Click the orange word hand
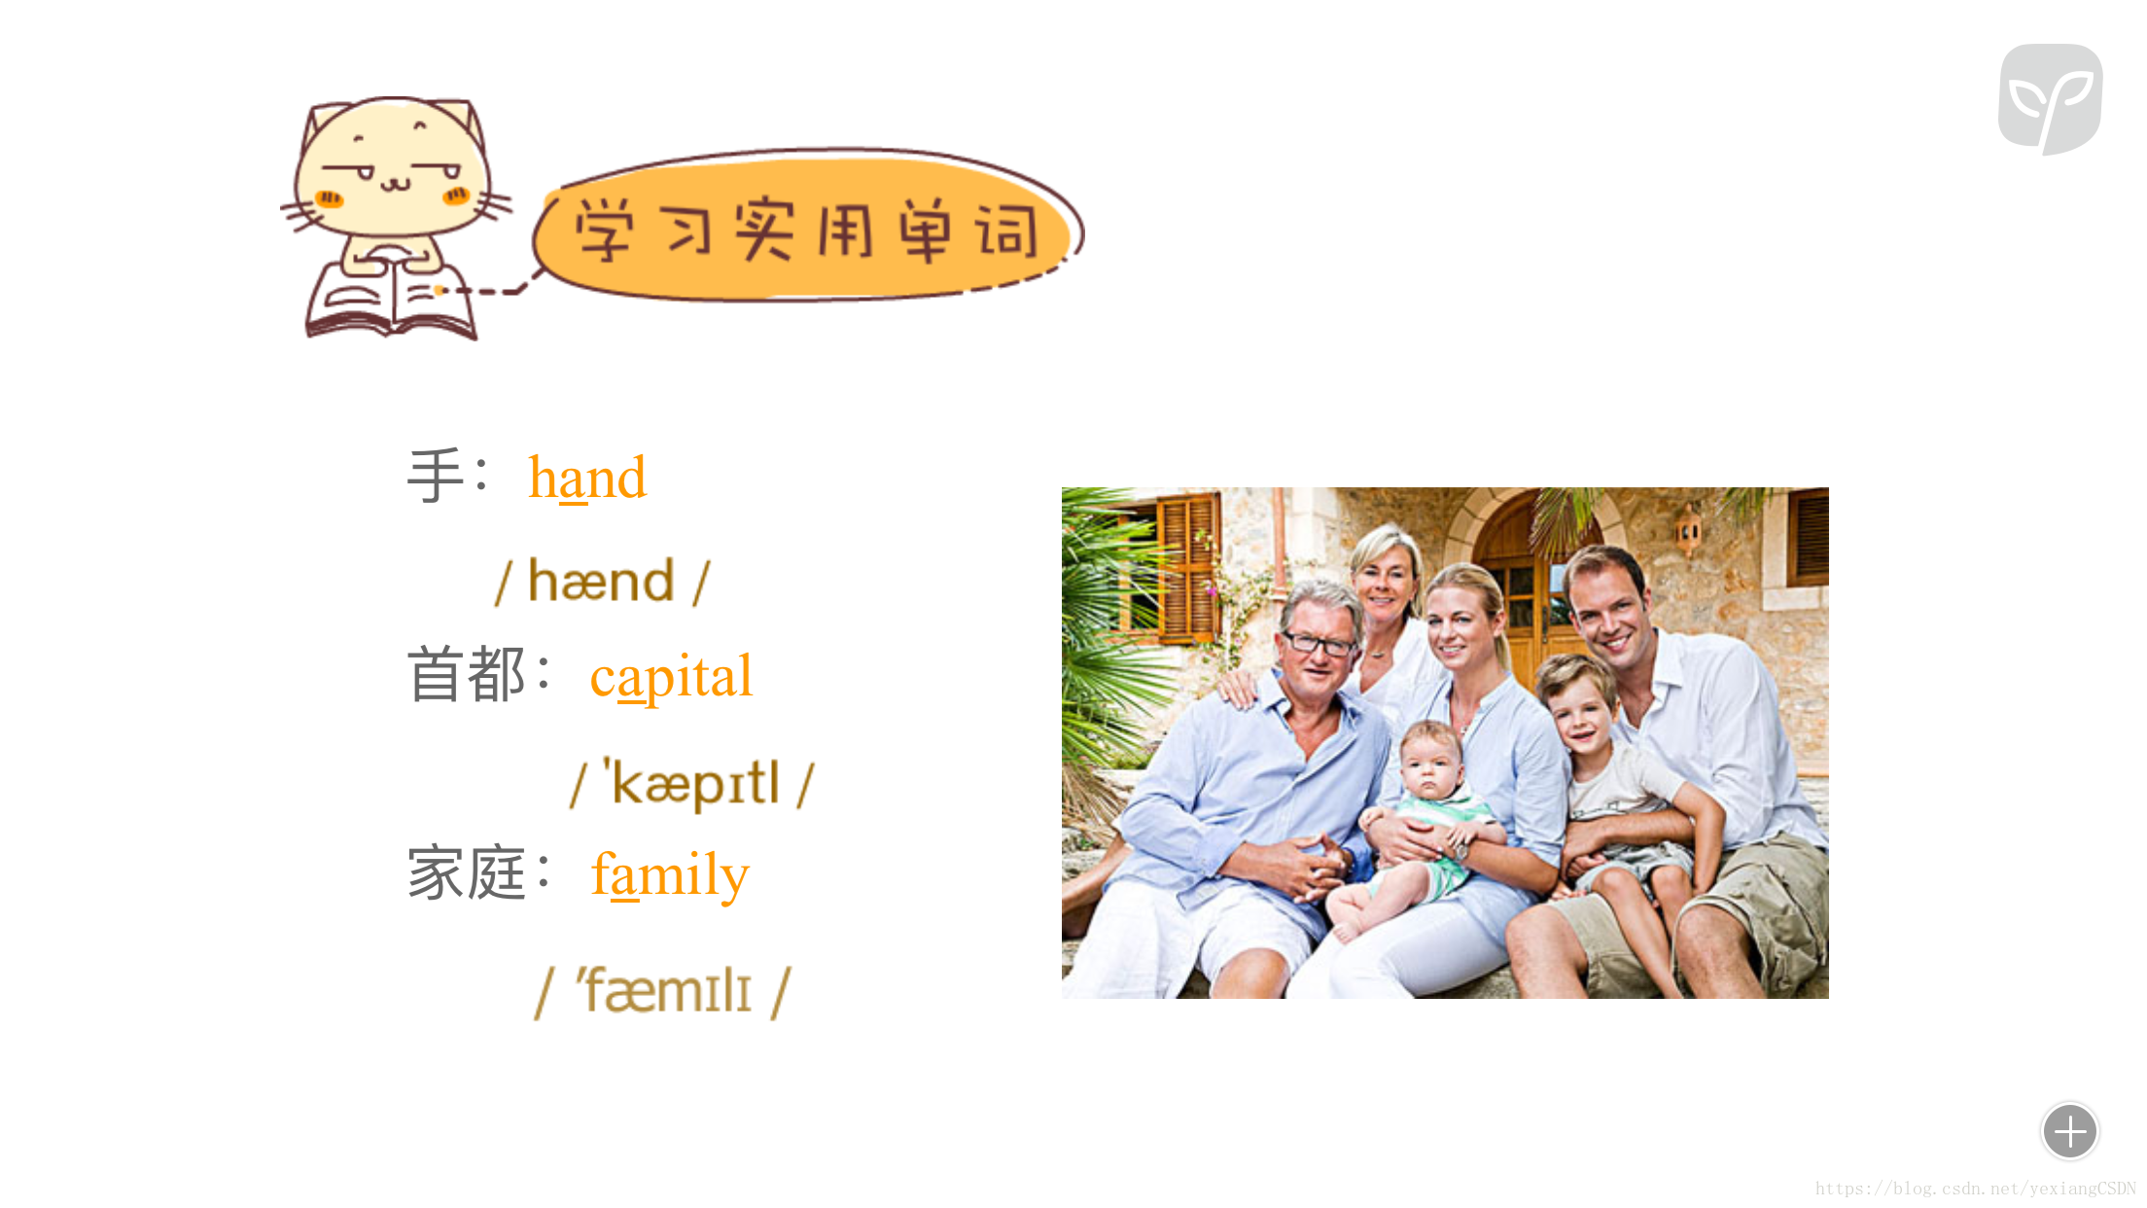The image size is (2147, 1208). pos(587,478)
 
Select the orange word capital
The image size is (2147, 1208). pos(671,676)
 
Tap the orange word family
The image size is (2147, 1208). pos(670,874)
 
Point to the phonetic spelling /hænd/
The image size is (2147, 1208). pos(603,582)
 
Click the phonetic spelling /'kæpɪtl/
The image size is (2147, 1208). pos(692,783)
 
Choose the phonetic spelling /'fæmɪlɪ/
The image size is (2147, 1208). pos(663,991)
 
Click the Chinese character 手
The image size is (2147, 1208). pos(435,477)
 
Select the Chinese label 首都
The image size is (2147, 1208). pos(467,675)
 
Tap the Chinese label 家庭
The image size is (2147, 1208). pos(467,873)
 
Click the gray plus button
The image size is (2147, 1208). pos(2070,1131)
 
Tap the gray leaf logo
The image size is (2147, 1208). pos(2051,98)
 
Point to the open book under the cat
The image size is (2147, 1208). pos(391,298)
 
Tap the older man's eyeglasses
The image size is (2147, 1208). pos(1319,643)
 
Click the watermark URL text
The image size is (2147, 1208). pos(1975,1189)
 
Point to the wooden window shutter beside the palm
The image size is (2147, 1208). pos(1188,566)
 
